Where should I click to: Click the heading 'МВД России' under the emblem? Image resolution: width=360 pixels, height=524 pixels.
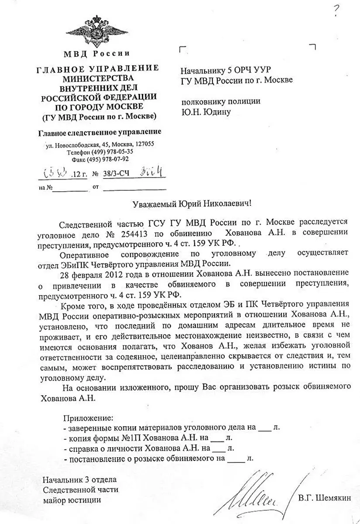tap(97, 54)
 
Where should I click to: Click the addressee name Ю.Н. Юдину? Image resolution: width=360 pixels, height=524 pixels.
tap(206, 112)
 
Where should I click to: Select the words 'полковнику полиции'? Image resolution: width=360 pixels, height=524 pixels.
tap(221, 101)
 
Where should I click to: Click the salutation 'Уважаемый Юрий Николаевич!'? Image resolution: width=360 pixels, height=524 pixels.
tap(192, 204)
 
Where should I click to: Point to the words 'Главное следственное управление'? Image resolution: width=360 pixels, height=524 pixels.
tap(99, 131)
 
